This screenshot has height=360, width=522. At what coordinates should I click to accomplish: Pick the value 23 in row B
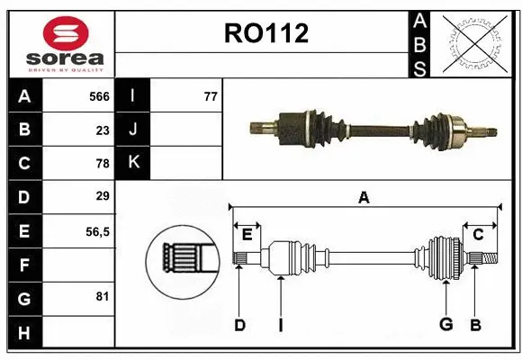pyautogui.click(x=102, y=130)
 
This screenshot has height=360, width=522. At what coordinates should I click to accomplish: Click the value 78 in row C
pyautogui.click(x=102, y=164)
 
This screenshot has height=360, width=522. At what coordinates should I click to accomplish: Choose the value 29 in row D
pyautogui.click(x=102, y=196)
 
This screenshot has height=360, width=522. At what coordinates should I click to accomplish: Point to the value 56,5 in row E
pyautogui.click(x=96, y=231)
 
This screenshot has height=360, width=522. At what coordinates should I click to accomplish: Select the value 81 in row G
pyautogui.click(x=102, y=296)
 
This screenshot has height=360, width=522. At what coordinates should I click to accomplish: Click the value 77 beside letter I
pyautogui.click(x=211, y=96)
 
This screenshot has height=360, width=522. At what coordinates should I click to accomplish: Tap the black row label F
pyautogui.click(x=24, y=265)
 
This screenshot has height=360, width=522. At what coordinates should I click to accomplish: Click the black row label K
pyautogui.click(x=133, y=163)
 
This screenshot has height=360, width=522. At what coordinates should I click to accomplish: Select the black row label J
pyautogui.click(x=133, y=130)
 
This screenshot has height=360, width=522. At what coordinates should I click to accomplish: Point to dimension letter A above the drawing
pyautogui.click(x=364, y=197)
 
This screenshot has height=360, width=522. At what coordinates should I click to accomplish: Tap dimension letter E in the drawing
pyautogui.click(x=247, y=235)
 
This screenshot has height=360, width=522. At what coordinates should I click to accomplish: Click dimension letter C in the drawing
pyautogui.click(x=478, y=235)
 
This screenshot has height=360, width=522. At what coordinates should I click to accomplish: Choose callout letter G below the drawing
pyautogui.click(x=445, y=324)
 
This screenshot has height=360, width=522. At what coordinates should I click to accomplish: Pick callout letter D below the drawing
pyautogui.click(x=239, y=325)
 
